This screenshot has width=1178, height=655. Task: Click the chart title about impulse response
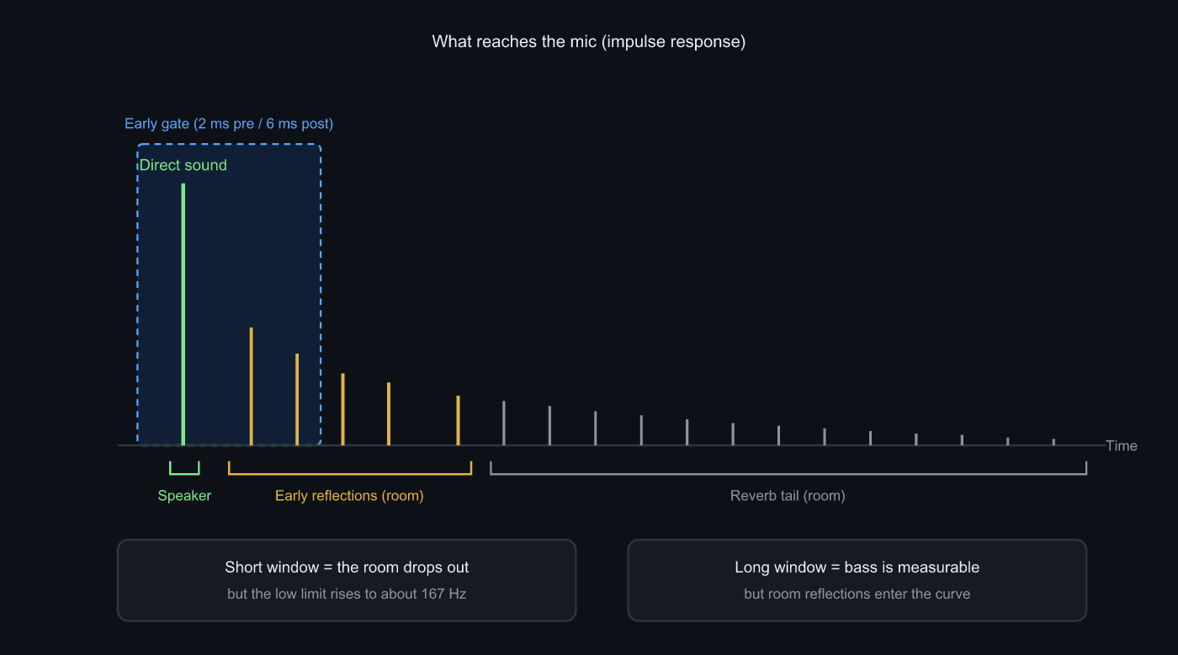click(588, 41)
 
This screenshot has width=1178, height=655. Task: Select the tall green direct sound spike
click(183, 314)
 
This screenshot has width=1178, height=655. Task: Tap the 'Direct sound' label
click(183, 165)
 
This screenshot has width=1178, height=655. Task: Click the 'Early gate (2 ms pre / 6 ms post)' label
click(229, 124)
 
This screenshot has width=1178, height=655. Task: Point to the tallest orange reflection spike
click(252, 386)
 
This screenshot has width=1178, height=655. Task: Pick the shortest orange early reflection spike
click(458, 420)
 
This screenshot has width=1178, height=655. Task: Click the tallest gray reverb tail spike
click(504, 423)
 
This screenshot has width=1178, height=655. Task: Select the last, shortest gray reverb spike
click(1053, 442)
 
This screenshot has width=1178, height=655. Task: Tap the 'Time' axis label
click(1121, 446)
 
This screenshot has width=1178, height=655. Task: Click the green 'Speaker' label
click(184, 496)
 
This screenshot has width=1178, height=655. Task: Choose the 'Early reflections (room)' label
click(349, 496)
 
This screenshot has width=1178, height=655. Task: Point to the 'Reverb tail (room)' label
click(788, 496)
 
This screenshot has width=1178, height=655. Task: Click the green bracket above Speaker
click(184, 474)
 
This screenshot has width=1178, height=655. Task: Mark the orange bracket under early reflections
click(350, 474)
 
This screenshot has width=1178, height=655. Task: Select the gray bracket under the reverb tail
click(788, 474)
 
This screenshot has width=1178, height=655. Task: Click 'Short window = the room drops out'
click(347, 567)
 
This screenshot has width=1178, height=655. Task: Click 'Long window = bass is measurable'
click(857, 567)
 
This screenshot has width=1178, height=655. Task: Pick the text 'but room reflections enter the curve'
click(857, 594)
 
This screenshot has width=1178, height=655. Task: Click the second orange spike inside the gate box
click(297, 399)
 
